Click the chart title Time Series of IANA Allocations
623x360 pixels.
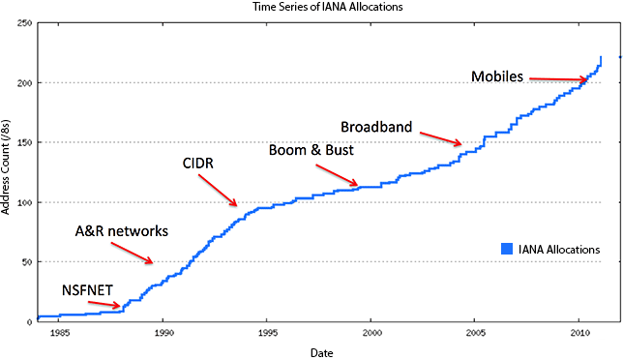click(x=327, y=7)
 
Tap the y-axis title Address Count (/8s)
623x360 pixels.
click(x=5, y=166)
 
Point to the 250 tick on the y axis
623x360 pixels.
click(x=24, y=23)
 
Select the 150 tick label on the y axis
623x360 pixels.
click(x=24, y=142)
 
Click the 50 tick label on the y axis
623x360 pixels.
click(x=27, y=262)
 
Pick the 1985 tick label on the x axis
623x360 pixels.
click(x=60, y=333)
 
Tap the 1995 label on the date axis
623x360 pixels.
click(x=268, y=333)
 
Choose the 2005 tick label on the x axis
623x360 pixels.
click(x=476, y=333)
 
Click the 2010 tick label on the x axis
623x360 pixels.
click(x=579, y=333)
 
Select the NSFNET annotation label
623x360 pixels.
click(x=87, y=290)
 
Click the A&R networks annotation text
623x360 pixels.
click(x=122, y=231)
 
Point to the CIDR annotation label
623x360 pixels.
click(x=198, y=163)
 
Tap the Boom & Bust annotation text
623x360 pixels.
click(x=311, y=150)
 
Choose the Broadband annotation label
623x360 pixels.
click(x=376, y=127)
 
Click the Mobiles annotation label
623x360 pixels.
click(x=497, y=76)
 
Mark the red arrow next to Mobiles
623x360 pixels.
click(x=558, y=79)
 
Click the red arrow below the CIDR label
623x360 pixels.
click(x=218, y=191)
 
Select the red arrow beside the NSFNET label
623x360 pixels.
click(x=104, y=305)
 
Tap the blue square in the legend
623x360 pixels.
click(x=507, y=249)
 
